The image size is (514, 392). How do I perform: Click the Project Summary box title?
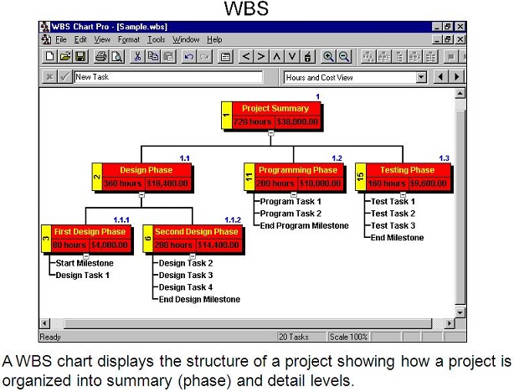[x=275, y=109]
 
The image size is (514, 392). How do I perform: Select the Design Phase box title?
[x=146, y=170]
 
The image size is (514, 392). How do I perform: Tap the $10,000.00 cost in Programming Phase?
[x=320, y=183]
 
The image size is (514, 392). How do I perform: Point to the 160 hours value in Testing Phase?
[x=387, y=183]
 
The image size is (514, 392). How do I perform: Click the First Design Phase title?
[x=90, y=231]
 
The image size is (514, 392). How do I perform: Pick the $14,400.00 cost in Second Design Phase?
[x=218, y=245]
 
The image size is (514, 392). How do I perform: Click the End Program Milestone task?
[x=304, y=225]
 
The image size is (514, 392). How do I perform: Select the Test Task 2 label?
[x=393, y=214]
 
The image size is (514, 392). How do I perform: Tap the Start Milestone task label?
[x=85, y=263]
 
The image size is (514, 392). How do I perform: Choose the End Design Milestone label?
[x=199, y=299]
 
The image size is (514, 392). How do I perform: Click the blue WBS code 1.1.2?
[x=233, y=219]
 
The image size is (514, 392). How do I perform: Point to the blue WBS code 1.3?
[x=445, y=158]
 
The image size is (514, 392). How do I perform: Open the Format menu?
[x=129, y=39]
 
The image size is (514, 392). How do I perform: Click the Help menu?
[x=214, y=39]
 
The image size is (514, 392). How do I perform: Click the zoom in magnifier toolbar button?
[x=328, y=57]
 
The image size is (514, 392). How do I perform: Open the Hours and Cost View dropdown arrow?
[x=421, y=77]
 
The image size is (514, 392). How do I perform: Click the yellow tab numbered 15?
[x=361, y=177]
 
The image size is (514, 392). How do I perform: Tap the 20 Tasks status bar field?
[x=293, y=337]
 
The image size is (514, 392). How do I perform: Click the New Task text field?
[x=168, y=77]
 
